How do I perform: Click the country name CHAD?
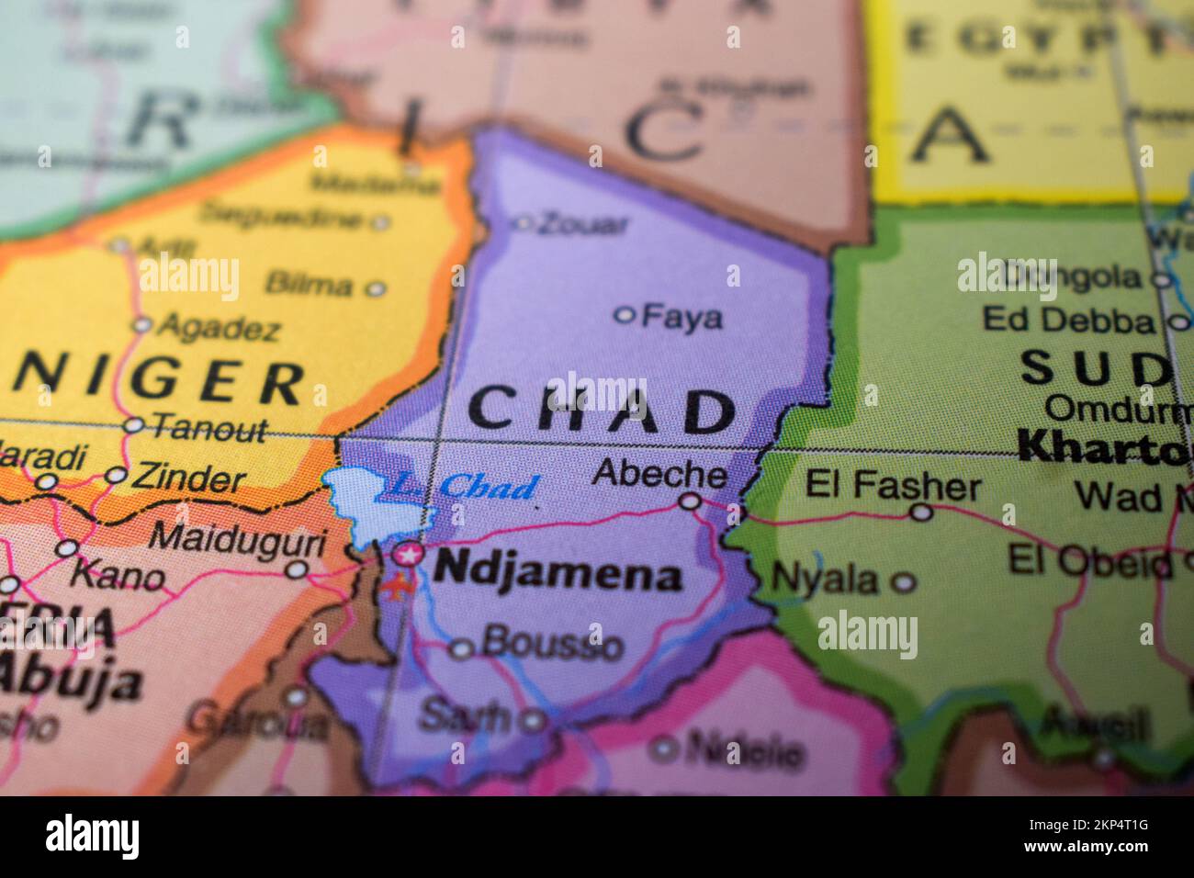point(602,411)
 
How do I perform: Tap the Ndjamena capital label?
point(558,574)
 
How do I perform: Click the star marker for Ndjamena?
point(409,554)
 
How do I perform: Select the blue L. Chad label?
point(459,487)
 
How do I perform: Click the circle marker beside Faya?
point(625,315)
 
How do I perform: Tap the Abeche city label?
point(659,473)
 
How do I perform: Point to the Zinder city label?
point(188,478)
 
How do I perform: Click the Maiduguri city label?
point(237,537)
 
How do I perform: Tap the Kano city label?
point(118,577)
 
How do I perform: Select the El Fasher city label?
point(893,485)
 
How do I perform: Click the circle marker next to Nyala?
point(905,581)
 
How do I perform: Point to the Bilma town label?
point(308,285)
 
